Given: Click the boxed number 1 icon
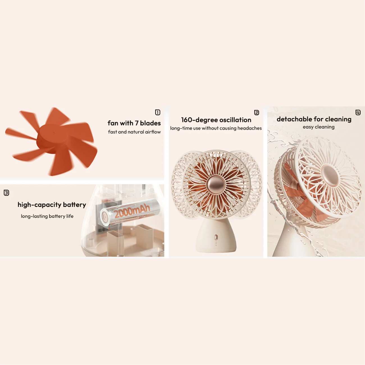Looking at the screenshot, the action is (158, 112).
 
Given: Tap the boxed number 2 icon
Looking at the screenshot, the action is (256, 113).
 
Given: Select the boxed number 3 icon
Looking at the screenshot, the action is (6, 193).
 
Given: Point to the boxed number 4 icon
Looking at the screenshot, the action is (358, 113).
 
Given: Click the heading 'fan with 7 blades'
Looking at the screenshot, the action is (134, 123).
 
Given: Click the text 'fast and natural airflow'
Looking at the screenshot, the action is (134, 132).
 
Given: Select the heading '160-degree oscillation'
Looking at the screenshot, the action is (216, 120).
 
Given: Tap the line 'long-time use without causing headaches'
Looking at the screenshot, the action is (216, 128).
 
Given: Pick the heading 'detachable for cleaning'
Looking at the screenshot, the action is (314, 119).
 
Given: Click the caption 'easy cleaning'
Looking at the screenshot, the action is (319, 127).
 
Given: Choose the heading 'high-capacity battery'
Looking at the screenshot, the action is (52, 205).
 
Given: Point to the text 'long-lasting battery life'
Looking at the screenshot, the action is (47, 216).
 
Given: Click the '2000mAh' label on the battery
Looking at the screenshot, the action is (132, 211).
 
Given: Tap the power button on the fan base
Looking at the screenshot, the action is (216, 237).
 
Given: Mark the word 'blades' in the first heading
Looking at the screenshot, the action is (150, 123).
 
